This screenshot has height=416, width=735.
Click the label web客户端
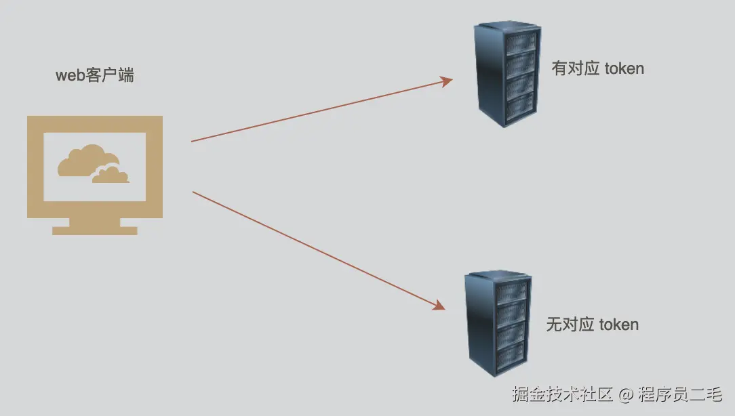[x=94, y=75]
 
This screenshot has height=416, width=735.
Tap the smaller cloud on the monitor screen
[x=111, y=175]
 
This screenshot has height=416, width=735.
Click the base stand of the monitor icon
[x=95, y=229]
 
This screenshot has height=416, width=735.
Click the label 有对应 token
[x=597, y=68]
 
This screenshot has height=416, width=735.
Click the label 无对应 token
[x=592, y=325]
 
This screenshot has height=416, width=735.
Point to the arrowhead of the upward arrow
[x=446, y=81]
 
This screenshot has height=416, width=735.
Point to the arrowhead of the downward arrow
[x=439, y=306]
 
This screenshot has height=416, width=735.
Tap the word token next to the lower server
[x=618, y=325]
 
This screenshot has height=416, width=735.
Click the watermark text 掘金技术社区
[x=562, y=394]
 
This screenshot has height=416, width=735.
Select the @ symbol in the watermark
[x=626, y=394]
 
